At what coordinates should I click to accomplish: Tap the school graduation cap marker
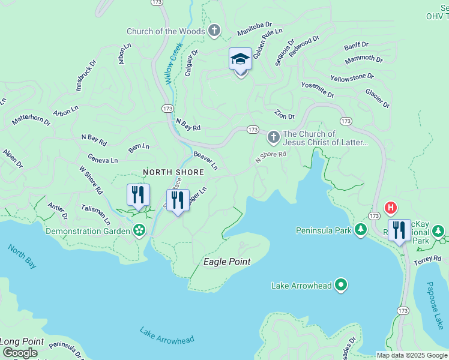tap(240, 60)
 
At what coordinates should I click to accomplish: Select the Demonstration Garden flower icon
tap(139, 230)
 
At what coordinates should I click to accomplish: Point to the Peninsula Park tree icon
tap(361, 230)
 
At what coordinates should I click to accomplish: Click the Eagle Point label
tap(227, 262)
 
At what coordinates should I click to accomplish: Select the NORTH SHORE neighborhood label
tap(173, 172)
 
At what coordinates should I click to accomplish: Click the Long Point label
tap(22, 341)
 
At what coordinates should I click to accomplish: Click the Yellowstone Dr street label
tap(352, 78)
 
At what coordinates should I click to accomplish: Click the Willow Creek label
tap(174, 63)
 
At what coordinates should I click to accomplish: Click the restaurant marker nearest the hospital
tap(399, 230)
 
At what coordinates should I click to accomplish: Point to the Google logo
tap(20, 353)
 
